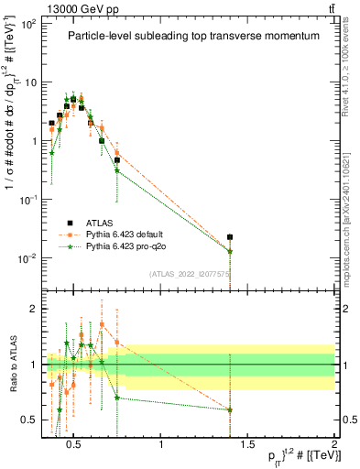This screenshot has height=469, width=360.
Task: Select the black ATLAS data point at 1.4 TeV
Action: pyautogui.click(x=230, y=237)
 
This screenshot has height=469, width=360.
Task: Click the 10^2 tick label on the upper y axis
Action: pyautogui.click(x=26, y=24)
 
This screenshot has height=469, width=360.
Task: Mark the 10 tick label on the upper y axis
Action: pyautogui.click(x=27, y=82)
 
